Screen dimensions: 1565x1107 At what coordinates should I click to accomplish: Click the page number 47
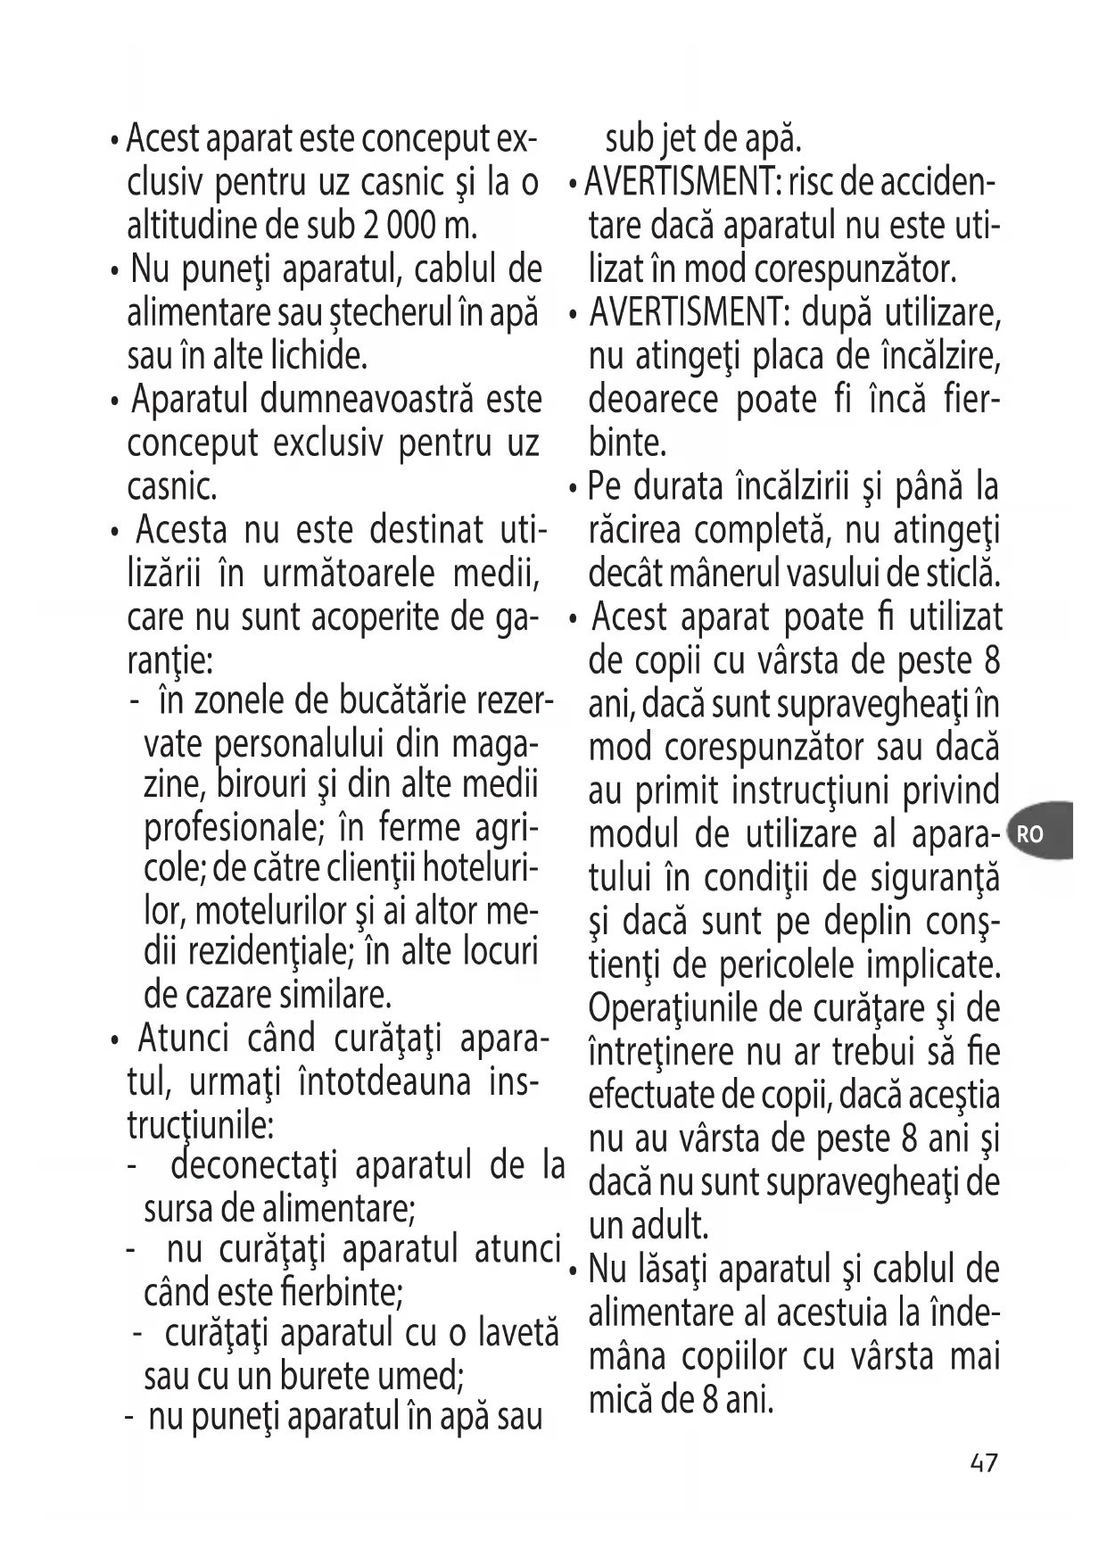point(984,1463)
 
